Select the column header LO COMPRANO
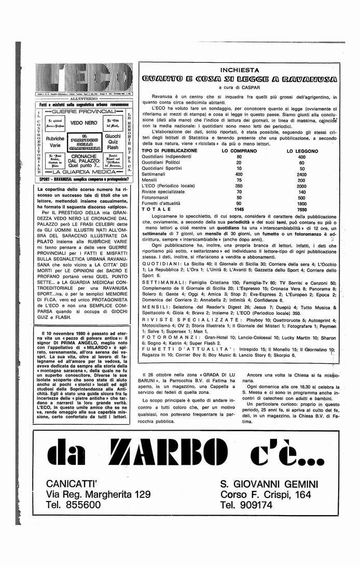point(240,150)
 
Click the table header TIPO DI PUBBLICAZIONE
point(166,150)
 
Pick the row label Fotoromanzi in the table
point(156,198)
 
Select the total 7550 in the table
point(302,209)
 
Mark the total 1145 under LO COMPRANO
point(239,209)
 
